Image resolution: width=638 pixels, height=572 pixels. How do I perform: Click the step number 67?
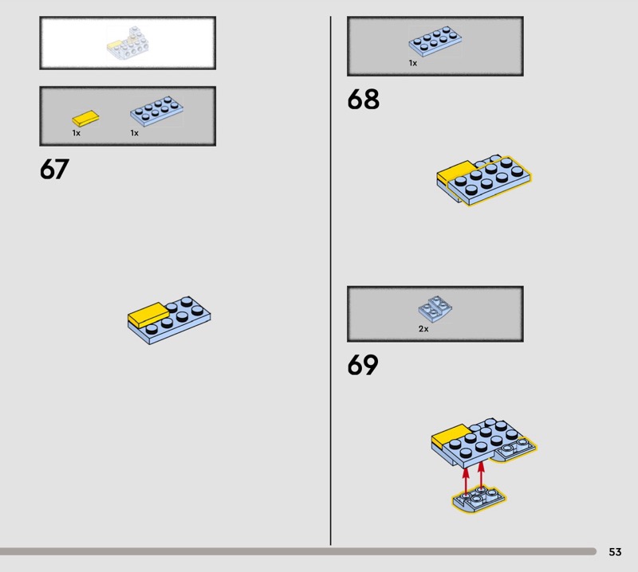click(x=54, y=170)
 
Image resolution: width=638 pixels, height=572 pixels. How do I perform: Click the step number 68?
click(x=363, y=100)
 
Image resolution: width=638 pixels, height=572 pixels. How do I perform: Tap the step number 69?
click(x=363, y=366)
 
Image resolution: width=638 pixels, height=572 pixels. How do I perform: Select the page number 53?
click(x=615, y=551)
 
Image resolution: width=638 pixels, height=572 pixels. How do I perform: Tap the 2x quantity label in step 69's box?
click(x=423, y=328)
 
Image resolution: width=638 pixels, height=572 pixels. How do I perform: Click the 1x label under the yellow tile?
click(x=77, y=133)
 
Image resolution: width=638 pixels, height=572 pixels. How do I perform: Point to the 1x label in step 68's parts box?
click(x=413, y=62)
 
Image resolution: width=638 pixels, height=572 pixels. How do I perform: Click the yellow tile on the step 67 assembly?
click(x=148, y=314)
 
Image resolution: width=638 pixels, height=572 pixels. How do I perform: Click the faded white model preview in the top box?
click(x=127, y=44)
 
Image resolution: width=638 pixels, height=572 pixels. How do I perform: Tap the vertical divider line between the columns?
click(x=331, y=279)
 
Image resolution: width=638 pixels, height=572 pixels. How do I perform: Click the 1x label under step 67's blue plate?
click(x=135, y=133)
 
